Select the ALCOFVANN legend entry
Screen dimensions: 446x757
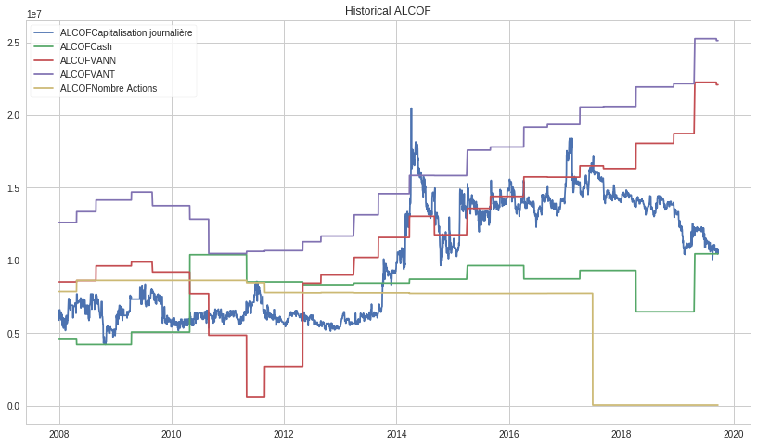87,60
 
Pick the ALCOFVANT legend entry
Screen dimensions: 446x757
87,74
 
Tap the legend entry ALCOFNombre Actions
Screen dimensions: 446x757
108,88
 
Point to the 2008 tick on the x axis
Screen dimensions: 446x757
58,434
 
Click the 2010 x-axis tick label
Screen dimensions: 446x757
171,434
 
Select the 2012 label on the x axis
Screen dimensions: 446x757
284,434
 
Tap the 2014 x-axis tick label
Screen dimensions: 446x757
396,434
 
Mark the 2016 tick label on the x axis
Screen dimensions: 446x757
508,434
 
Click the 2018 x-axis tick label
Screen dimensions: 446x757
622,434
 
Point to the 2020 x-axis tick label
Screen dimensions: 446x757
734,434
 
